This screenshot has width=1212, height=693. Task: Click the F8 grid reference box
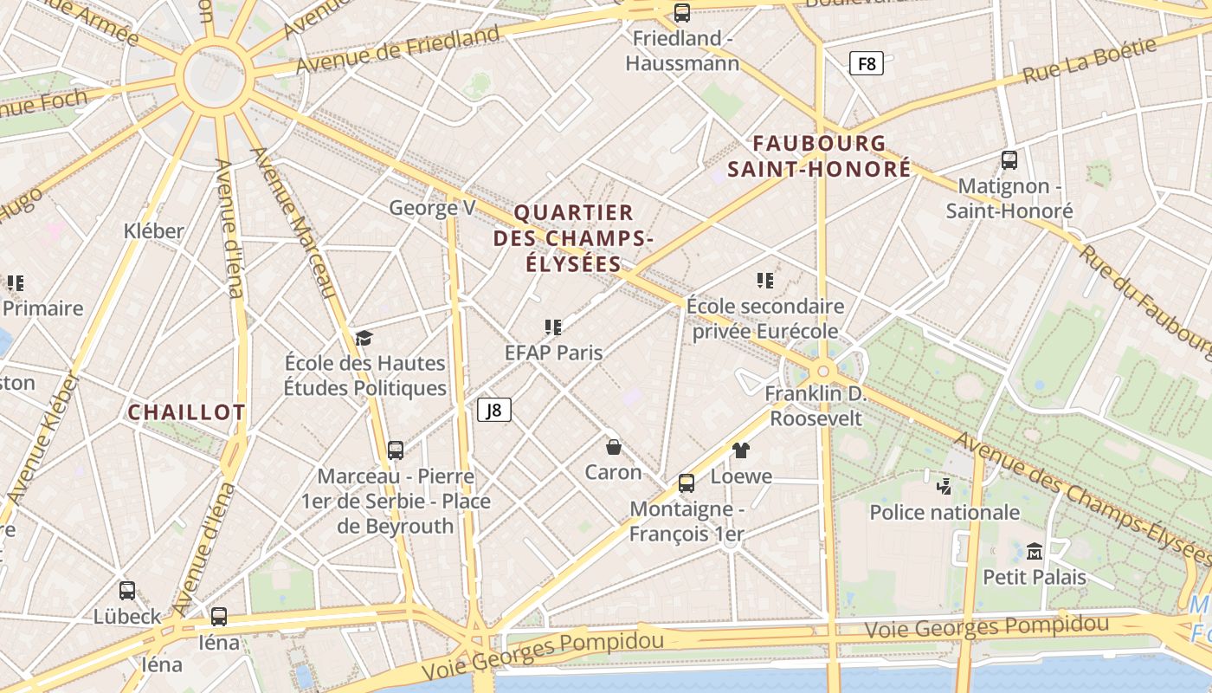tap(866, 63)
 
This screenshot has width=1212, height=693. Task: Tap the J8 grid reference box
tap(494, 409)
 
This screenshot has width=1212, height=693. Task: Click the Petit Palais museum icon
tap(1034, 551)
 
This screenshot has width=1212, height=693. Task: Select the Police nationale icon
tap(944, 487)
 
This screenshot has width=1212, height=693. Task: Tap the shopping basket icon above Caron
tap(614, 447)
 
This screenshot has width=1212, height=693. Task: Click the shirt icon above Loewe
tap(741, 450)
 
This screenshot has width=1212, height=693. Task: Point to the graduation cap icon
tap(364, 338)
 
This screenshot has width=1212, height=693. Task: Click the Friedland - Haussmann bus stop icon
tap(682, 13)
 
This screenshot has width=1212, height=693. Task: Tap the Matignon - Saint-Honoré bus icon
tap(1009, 160)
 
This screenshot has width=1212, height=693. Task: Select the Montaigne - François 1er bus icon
tap(687, 483)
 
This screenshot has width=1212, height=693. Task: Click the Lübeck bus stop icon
tap(127, 591)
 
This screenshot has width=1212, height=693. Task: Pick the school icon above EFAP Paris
tap(554, 327)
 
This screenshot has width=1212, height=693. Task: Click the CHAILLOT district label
tap(187, 412)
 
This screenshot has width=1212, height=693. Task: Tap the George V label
tap(432, 208)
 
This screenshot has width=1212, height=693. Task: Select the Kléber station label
tap(154, 231)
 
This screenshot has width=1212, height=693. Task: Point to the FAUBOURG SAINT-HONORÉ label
tap(819, 156)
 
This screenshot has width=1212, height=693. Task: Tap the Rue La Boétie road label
tap(1090, 61)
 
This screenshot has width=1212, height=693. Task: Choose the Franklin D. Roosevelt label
tap(816, 405)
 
